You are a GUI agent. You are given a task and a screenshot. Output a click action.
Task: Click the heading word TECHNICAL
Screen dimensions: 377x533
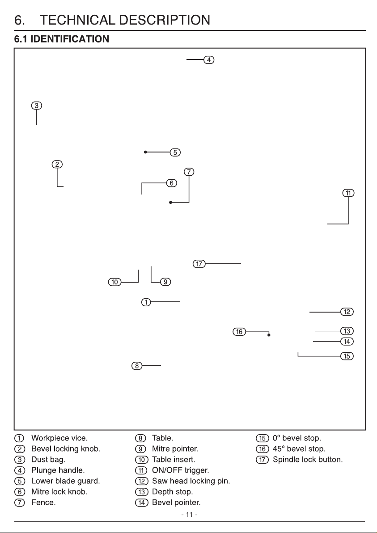tap(77, 20)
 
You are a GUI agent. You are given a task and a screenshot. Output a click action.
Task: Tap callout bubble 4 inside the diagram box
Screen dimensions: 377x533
tap(209, 60)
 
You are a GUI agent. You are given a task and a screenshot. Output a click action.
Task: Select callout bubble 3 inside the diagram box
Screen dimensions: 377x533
tap(36, 106)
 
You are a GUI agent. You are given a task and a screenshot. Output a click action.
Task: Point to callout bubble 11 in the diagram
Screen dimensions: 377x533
tap(348, 193)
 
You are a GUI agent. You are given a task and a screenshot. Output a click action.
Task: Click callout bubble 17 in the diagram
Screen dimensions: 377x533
tap(199, 263)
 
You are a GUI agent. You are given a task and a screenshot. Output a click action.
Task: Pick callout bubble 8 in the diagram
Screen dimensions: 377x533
tap(137, 366)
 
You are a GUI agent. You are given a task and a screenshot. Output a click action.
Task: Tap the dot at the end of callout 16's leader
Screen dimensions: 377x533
tap(269, 335)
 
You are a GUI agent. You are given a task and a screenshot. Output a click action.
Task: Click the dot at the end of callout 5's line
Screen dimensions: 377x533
tap(145, 152)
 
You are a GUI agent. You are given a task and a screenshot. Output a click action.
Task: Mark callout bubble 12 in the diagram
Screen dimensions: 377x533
tap(347, 312)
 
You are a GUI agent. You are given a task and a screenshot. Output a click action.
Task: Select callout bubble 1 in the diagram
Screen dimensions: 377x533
tap(146, 302)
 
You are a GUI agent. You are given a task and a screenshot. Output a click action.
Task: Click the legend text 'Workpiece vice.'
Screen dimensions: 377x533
tap(59, 438)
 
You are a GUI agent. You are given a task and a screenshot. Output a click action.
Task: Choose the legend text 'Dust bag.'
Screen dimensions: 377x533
tap(48, 460)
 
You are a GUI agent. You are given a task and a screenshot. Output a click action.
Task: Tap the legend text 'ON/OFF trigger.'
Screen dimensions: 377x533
tap(181, 470)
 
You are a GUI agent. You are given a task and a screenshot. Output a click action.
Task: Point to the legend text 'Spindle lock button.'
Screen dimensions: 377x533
tap(308, 460)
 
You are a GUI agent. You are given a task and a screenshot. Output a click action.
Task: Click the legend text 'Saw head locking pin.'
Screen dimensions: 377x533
tap(191, 481)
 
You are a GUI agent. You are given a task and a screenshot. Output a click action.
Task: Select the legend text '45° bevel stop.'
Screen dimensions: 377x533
tap(299, 448)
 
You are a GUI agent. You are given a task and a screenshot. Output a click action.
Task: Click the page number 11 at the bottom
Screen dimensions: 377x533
tap(189, 515)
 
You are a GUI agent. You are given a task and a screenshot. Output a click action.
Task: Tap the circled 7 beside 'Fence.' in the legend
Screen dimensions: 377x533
tap(19, 503)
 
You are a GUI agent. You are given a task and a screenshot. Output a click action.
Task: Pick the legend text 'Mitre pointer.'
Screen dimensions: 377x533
tap(175, 448)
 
